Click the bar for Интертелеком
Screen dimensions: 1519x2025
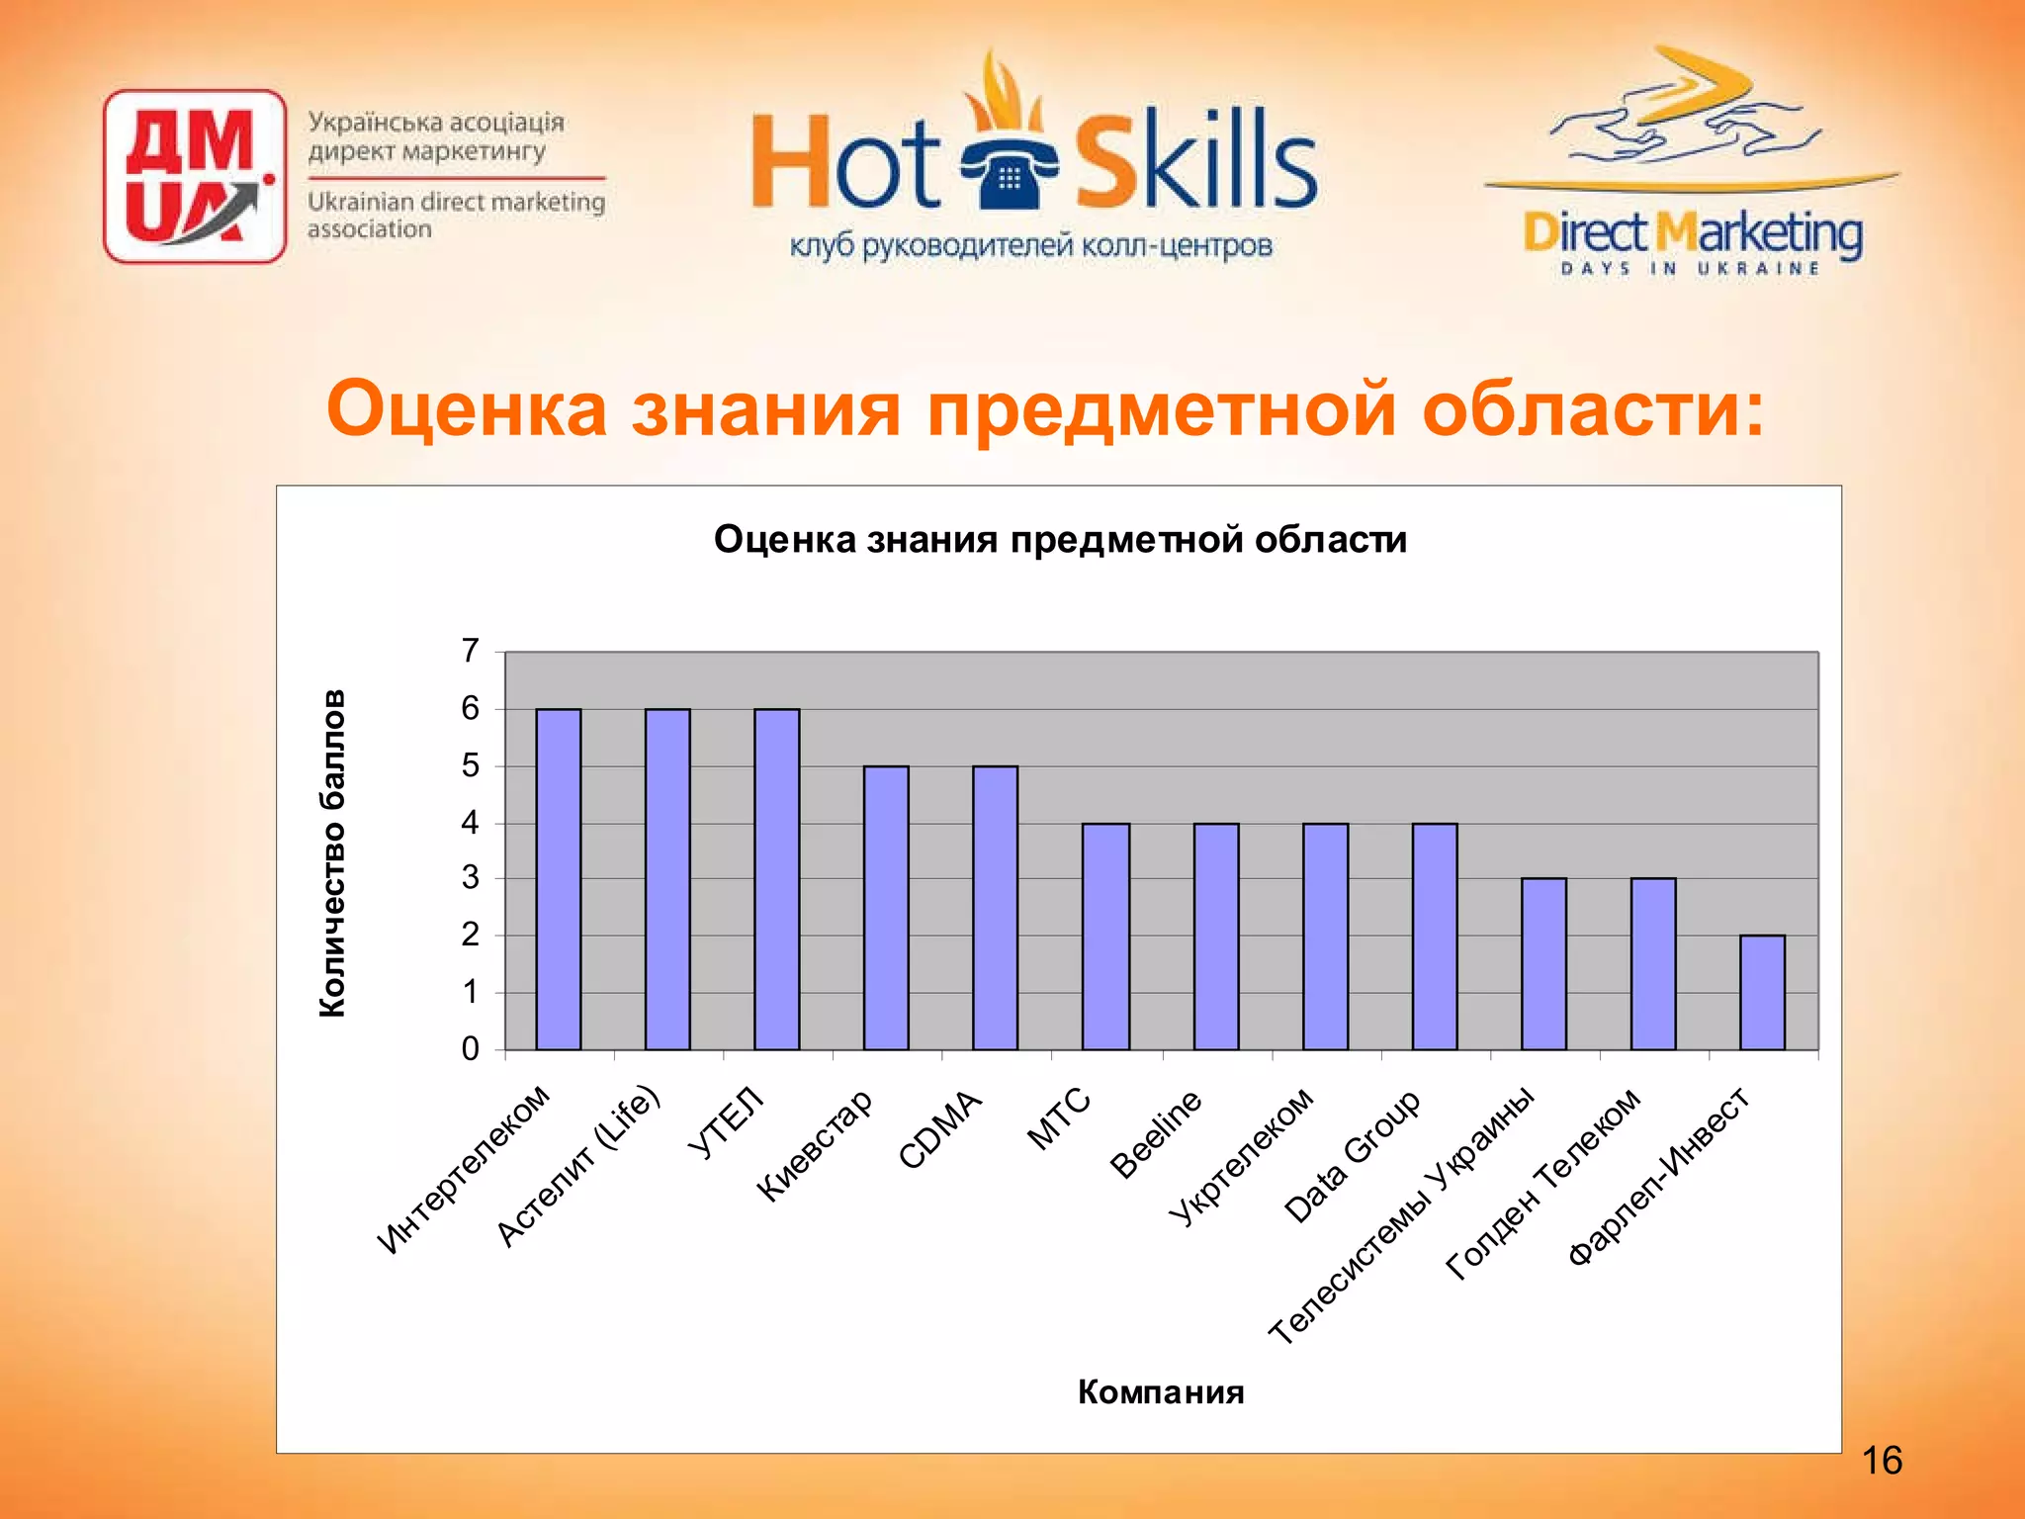(x=558, y=879)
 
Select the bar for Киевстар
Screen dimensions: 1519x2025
(x=886, y=908)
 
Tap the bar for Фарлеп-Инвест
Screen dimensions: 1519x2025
(x=1762, y=992)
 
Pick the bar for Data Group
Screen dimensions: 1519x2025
(x=1434, y=936)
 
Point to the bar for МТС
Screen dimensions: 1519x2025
(x=1105, y=936)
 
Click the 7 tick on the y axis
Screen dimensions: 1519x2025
(x=471, y=651)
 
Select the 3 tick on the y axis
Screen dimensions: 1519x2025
(x=471, y=878)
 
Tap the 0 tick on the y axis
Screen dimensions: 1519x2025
(x=471, y=1048)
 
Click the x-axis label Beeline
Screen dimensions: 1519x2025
(x=1156, y=1133)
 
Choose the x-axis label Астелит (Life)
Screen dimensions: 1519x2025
(x=578, y=1166)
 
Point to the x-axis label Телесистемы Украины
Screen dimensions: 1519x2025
(x=1402, y=1216)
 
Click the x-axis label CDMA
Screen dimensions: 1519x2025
(x=940, y=1129)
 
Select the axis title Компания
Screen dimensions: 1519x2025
(x=1161, y=1391)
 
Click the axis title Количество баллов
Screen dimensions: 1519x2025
(x=333, y=852)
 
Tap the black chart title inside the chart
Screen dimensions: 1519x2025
(x=1060, y=540)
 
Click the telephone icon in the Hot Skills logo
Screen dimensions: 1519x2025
(x=1009, y=176)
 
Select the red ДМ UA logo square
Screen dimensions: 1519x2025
(x=195, y=176)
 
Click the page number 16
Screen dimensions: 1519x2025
(x=1881, y=1461)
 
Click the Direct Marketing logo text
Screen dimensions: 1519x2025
(x=1692, y=235)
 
